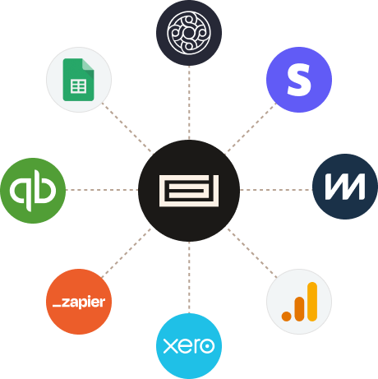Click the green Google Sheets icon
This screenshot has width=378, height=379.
(x=78, y=80)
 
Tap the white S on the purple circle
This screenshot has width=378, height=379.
(x=299, y=80)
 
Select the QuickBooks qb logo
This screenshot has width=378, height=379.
(x=33, y=191)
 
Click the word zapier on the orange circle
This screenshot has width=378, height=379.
(x=84, y=303)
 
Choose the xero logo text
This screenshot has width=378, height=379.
(x=189, y=346)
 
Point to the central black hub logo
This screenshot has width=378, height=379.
(x=189, y=191)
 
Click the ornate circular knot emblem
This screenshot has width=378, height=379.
(x=189, y=33)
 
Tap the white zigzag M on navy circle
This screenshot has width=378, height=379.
(x=345, y=187)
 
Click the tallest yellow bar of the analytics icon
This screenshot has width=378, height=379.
(x=312, y=302)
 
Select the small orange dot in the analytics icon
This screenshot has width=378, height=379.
(x=286, y=317)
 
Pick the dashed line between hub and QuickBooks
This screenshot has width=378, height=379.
(x=102, y=190)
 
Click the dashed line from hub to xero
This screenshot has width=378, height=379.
(x=189, y=277)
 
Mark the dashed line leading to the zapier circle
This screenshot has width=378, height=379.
(x=127, y=253)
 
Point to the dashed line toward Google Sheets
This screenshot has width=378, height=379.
(x=127, y=127)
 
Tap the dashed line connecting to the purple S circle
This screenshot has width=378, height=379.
(x=251, y=127)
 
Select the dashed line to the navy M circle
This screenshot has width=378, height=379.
(x=276, y=190)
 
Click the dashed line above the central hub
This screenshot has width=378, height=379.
(x=189, y=103)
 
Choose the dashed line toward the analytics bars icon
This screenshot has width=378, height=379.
(x=252, y=252)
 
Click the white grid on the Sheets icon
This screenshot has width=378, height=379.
(x=79, y=86)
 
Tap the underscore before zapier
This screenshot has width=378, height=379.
(x=57, y=305)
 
